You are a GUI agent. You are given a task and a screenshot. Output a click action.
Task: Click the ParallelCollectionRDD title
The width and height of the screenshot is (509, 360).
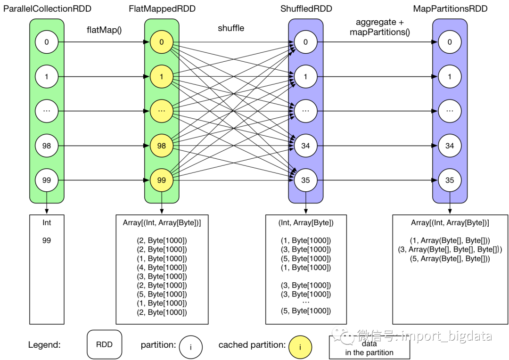(x=47, y=9)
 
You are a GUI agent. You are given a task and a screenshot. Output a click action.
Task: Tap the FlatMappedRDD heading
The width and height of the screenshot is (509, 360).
(x=162, y=9)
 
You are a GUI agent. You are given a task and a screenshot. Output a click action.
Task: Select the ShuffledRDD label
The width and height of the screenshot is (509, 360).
(x=305, y=9)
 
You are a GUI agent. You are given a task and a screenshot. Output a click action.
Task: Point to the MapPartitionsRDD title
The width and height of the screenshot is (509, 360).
(x=450, y=9)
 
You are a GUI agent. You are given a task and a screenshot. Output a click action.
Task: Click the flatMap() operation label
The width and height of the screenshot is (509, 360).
(x=104, y=30)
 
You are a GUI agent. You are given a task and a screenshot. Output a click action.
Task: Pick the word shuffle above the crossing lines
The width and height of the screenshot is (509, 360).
(x=231, y=28)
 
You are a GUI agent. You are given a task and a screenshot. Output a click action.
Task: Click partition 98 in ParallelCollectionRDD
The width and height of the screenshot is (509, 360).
(x=47, y=146)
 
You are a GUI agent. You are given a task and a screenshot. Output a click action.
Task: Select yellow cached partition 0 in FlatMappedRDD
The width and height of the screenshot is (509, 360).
(x=162, y=42)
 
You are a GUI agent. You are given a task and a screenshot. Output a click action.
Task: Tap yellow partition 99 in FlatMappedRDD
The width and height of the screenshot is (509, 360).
(x=162, y=180)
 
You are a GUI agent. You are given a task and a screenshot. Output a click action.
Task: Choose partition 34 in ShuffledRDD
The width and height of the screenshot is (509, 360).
(x=305, y=146)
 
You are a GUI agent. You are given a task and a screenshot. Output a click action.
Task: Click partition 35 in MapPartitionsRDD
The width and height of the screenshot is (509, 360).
(x=450, y=180)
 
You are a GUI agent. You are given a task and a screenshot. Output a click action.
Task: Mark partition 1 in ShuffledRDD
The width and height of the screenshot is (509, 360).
(x=305, y=77)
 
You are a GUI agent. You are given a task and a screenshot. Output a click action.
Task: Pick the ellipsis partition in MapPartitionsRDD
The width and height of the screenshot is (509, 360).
(x=450, y=111)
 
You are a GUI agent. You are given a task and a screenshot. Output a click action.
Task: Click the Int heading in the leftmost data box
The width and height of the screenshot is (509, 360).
(x=47, y=223)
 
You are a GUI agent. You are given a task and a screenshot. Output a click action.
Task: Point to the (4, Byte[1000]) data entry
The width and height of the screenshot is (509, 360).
(x=162, y=267)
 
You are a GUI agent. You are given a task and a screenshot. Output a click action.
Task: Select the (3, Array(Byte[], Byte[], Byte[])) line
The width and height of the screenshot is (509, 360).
(x=450, y=249)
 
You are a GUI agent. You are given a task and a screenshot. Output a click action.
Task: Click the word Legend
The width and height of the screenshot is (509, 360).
(x=44, y=345)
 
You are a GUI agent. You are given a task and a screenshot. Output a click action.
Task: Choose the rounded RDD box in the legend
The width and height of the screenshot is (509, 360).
(x=104, y=344)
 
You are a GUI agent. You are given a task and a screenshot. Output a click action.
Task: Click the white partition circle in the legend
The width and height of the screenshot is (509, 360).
(x=190, y=347)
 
